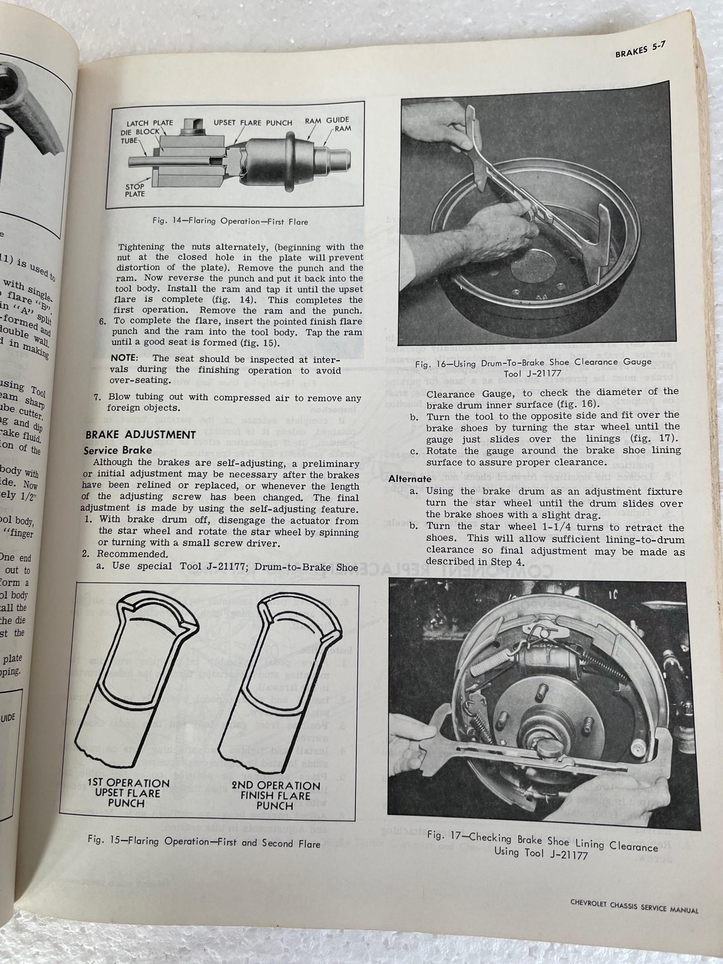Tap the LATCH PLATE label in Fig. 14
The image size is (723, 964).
(150, 123)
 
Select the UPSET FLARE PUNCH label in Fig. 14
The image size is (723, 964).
(253, 123)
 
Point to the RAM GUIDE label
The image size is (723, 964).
(327, 120)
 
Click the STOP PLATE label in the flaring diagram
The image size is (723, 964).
(135, 190)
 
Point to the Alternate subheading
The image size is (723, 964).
(410, 479)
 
